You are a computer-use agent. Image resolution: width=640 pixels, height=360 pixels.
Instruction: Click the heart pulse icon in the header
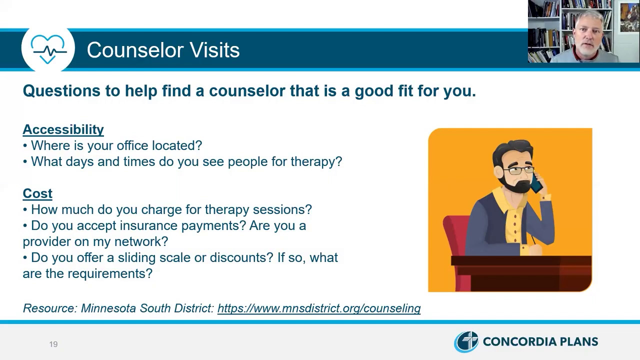48,49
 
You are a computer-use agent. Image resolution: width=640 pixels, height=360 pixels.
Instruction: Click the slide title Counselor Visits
163,50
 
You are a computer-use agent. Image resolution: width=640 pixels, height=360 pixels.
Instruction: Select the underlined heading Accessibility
63,129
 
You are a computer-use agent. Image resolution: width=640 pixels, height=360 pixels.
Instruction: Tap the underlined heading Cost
37,193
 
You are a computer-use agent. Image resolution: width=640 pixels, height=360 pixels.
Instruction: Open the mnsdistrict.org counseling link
319,308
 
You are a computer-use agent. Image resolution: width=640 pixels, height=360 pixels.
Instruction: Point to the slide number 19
53,344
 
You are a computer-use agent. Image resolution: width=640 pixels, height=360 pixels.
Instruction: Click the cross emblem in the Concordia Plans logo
466,341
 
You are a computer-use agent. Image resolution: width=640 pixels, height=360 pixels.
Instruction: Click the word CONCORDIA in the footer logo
515,341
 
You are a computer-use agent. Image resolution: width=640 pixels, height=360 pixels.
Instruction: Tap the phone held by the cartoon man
536,183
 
